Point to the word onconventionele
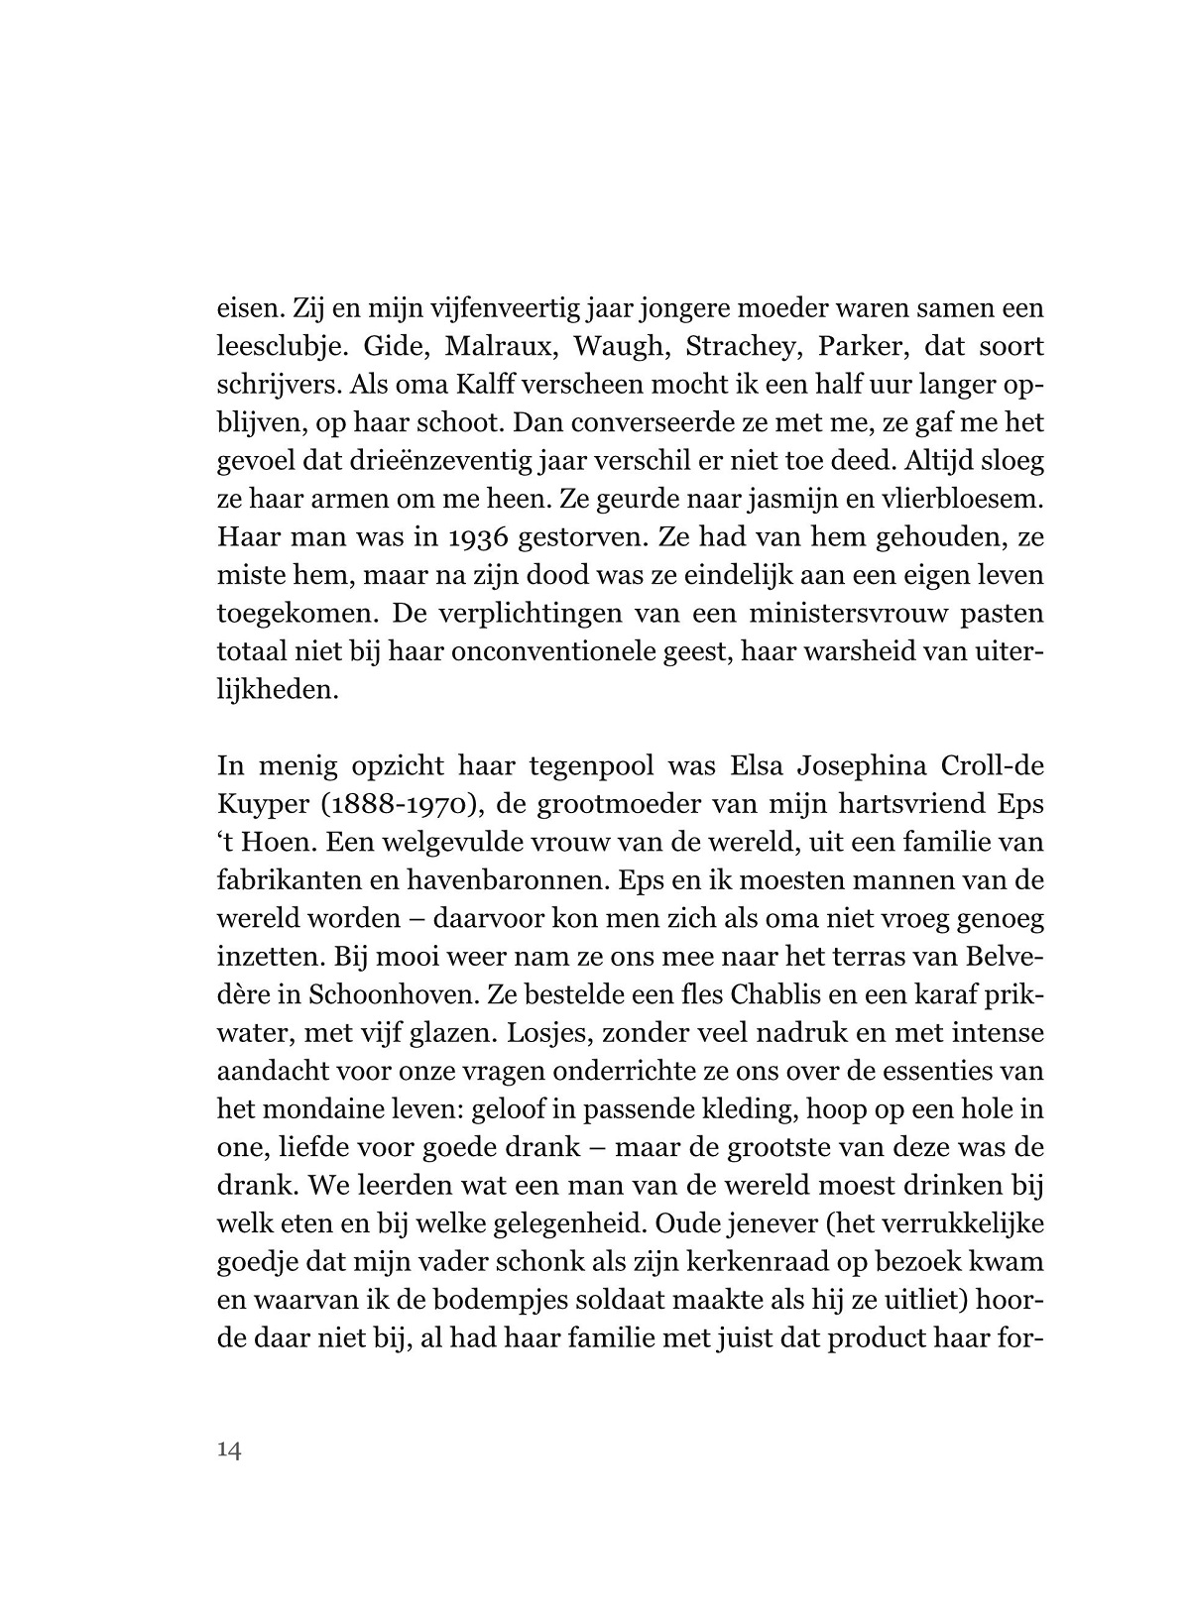tap(579, 652)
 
